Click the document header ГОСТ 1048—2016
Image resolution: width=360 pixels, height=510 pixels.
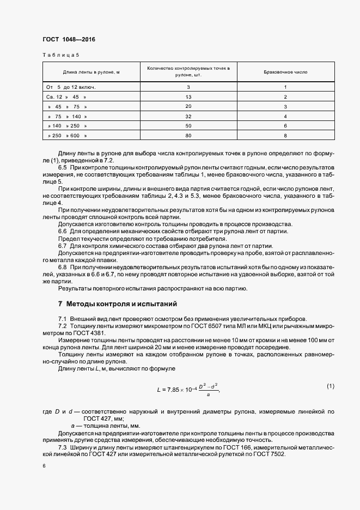pyautogui.click(x=65, y=39)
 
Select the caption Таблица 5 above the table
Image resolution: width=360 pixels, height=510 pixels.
pyautogui.click(x=60, y=55)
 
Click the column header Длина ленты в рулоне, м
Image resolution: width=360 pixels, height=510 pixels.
pyautogui.click(x=91, y=72)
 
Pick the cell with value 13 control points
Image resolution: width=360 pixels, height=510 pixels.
pyautogui.click(x=188, y=96)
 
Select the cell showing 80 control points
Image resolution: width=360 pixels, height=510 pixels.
pyautogui.click(x=188, y=135)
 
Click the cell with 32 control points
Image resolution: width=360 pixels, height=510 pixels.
pyautogui.click(x=188, y=116)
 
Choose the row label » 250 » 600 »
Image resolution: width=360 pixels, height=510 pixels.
pyautogui.click(x=68, y=135)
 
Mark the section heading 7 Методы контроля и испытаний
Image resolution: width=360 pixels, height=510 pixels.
pyautogui.click(x=117, y=303)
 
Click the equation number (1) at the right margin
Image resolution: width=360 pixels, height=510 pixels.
pyautogui.click(x=330, y=386)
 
